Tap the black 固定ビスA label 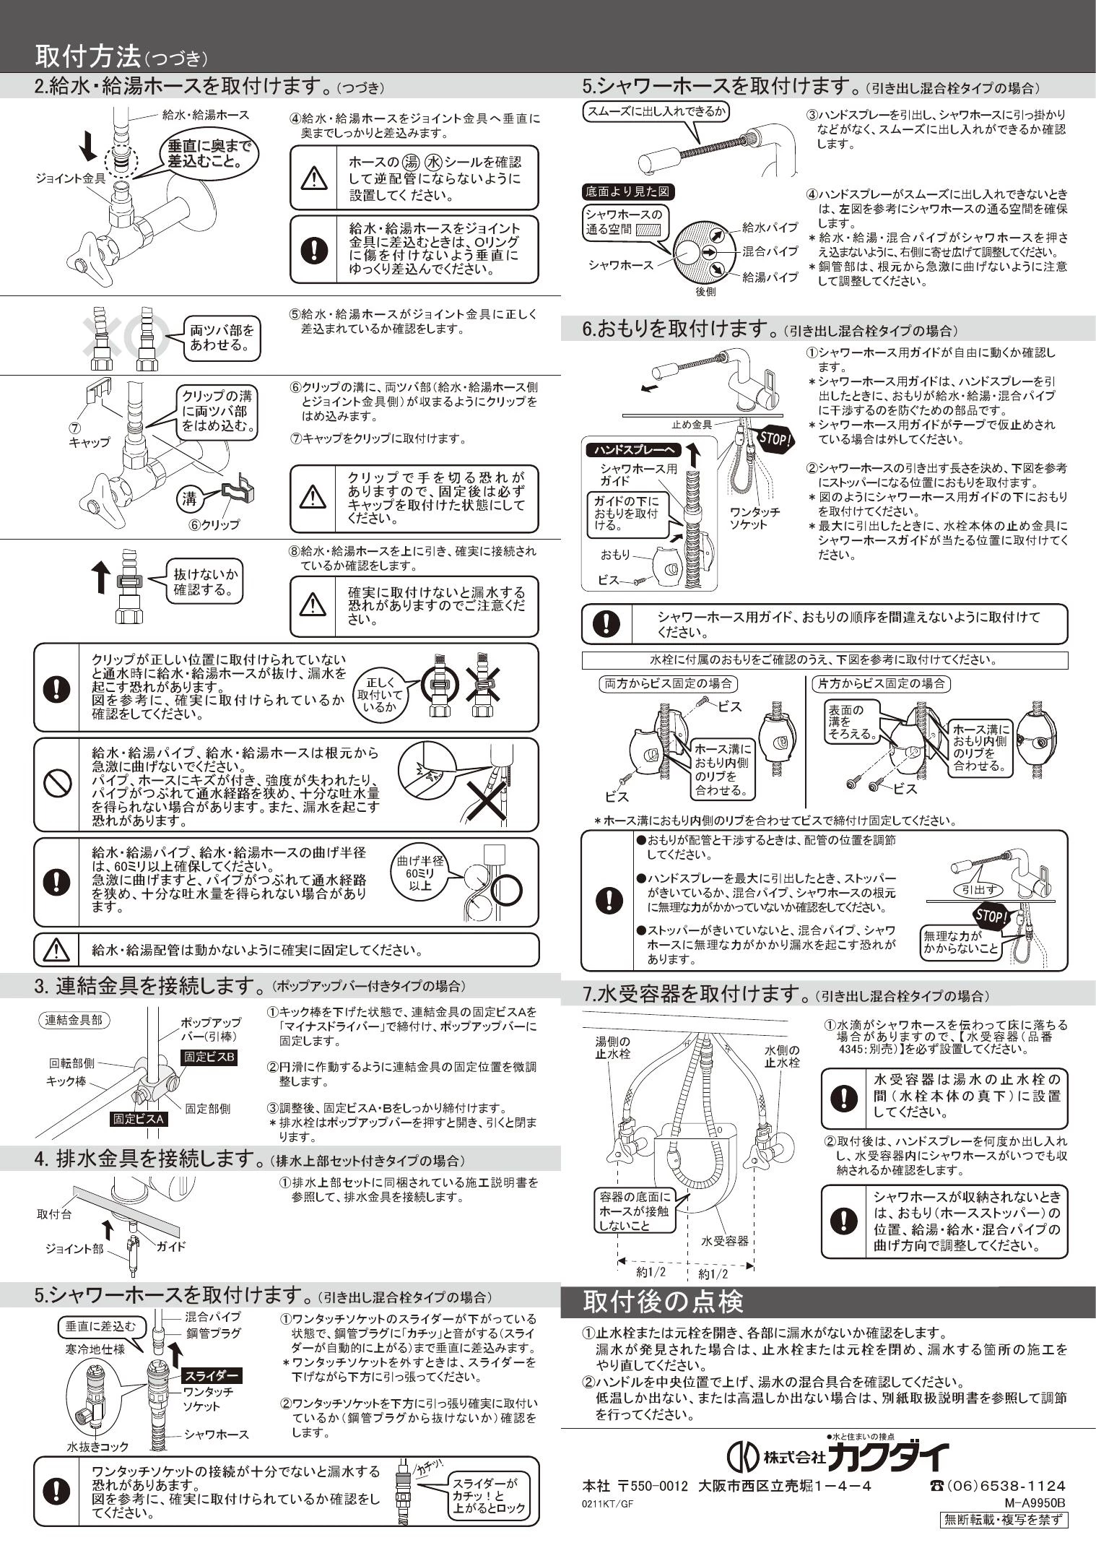pos(139,1119)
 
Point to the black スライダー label pos(212,1375)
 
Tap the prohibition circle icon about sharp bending pos(57,784)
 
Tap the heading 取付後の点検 pos(663,1302)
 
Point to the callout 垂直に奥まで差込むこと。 pos(209,153)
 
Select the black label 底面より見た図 pos(627,192)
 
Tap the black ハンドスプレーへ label pos(632,450)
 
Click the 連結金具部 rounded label pos(74,1020)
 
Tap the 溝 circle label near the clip pos(188,498)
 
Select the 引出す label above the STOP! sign pos(979,890)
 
